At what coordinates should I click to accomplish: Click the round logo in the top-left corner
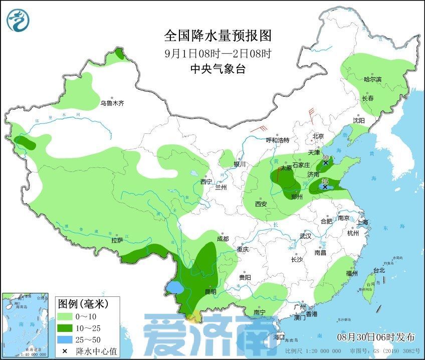19,20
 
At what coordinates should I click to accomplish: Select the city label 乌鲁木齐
111,103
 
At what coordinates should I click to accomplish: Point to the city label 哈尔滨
372,79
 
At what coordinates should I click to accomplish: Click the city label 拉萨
117,240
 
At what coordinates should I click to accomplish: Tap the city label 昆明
210,292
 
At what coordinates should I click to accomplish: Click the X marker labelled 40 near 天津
326,163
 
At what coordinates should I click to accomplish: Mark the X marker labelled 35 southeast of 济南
325,187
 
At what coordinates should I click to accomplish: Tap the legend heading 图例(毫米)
82,304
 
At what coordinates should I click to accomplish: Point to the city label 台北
379,270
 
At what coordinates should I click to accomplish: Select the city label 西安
261,204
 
